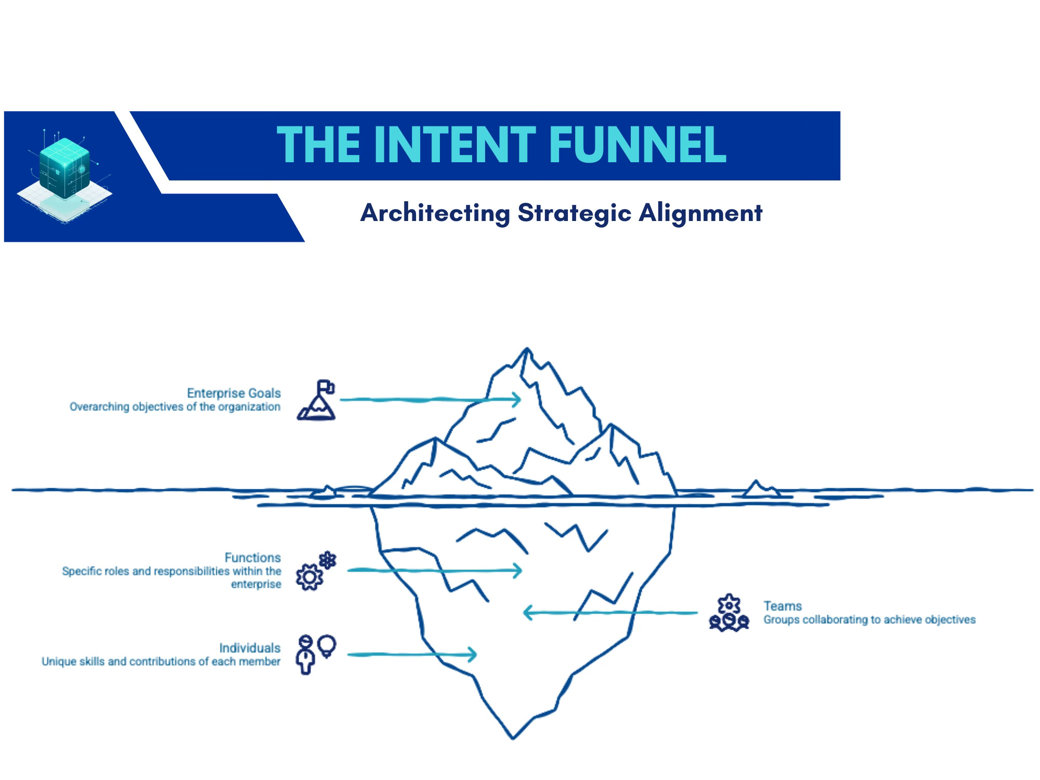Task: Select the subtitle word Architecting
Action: pos(435,213)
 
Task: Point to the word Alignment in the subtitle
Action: pos(700,213)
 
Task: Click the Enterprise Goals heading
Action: pos(233,393)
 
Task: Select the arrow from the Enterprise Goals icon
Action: pos(430,399)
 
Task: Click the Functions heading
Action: pos(252,557)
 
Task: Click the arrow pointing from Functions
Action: pos(434,570)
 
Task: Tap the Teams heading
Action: pos(782,606)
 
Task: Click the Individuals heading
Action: pos(250,648)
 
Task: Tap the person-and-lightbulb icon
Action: pos(315,654)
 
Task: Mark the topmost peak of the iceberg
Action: pos(527,349)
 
